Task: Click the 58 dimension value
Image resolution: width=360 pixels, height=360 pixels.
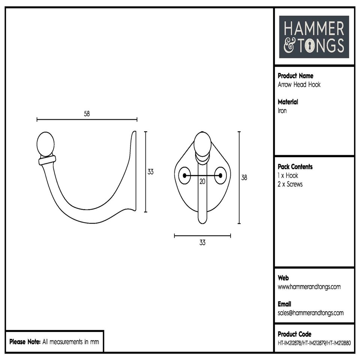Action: point(87,114)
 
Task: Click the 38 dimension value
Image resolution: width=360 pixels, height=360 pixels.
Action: point(244,178)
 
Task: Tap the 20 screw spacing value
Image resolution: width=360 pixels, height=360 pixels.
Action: point(202,182)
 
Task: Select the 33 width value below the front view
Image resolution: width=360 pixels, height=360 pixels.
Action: point(202,243)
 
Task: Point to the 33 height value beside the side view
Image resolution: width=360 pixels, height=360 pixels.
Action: point(150,172)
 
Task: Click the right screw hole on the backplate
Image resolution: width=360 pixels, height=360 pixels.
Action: point(220,175)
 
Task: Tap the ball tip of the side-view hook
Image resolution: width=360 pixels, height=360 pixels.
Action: point(45,144)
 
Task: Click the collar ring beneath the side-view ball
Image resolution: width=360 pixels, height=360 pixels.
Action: point(47,160)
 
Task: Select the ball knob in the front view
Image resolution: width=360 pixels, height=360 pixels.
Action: point(202,144)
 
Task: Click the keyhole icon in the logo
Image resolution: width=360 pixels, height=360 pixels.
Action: point(311,46)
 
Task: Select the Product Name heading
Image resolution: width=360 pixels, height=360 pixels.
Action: point(295,76)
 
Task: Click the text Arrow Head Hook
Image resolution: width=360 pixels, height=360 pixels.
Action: point(299,85)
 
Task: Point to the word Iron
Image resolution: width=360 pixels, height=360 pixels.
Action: point(282,111)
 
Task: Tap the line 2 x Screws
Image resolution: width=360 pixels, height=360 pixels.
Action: point(290,184)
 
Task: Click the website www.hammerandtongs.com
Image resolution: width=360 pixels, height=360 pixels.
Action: point(309,287)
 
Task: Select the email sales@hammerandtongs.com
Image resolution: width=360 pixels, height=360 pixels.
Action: point(310,313)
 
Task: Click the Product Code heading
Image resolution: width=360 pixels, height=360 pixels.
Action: point(294,334)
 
